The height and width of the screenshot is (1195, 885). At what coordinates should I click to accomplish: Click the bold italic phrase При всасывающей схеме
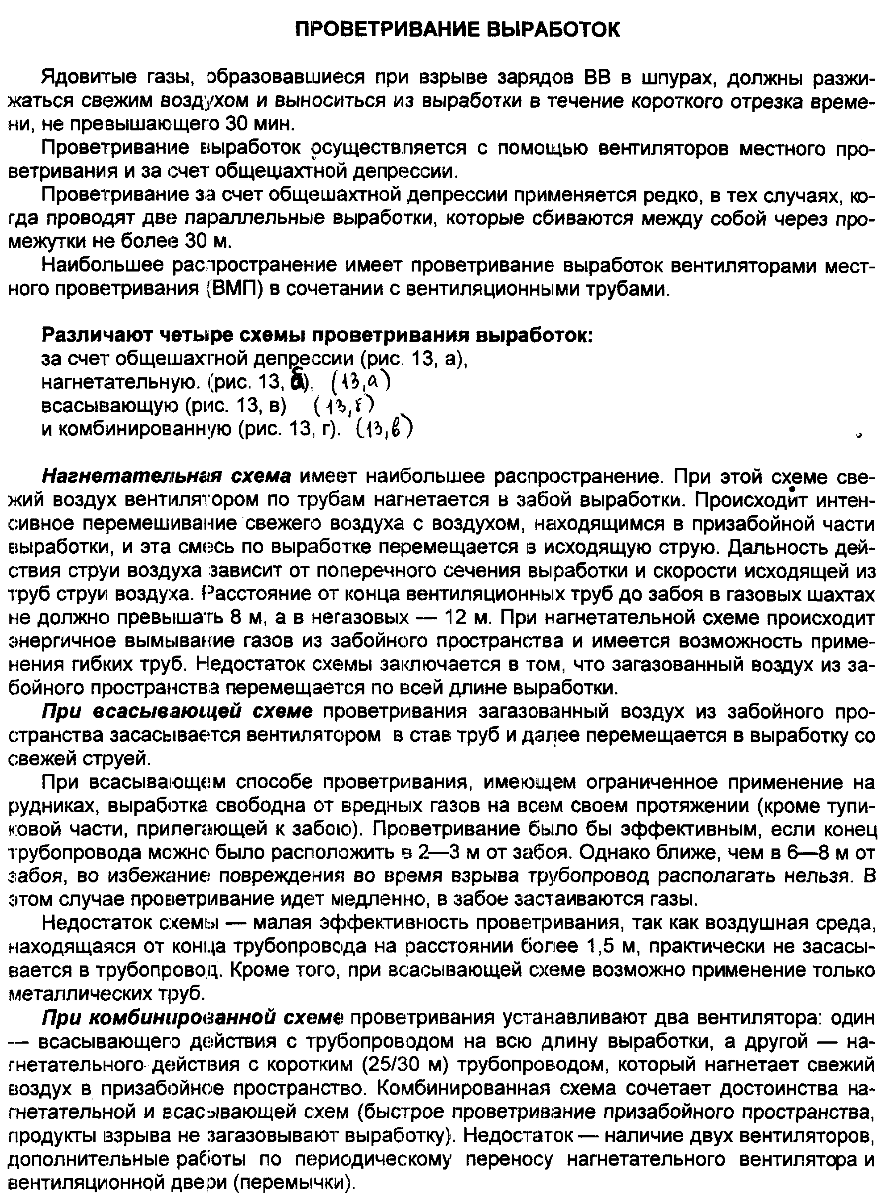[x=177, y=712]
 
